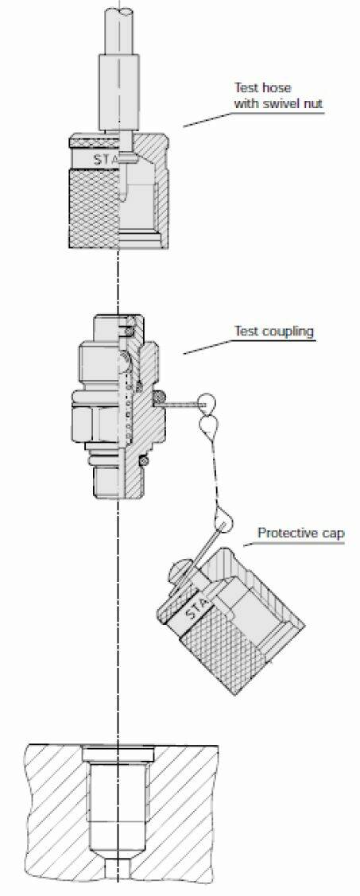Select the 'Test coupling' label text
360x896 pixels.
[x=274, y=331]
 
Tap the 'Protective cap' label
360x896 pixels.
[x=300, y=533]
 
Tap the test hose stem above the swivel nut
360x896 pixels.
[x=119, y=74]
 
